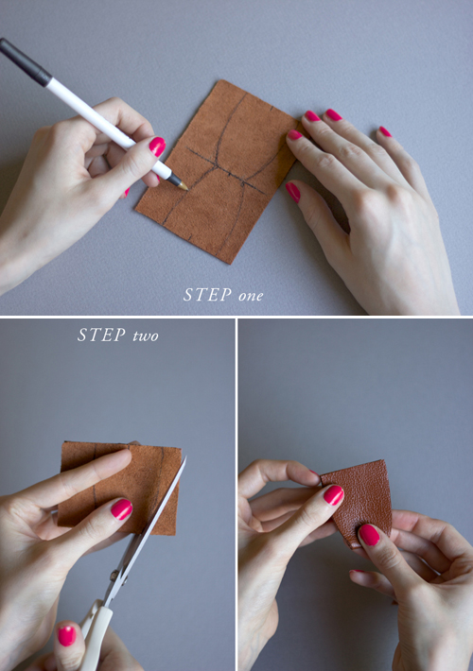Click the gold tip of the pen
coord(184,186)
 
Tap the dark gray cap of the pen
coord(25,61)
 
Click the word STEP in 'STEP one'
coord(207,295)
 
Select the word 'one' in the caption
coord(251,296)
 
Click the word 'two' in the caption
coord(146,336)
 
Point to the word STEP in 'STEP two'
coord(101,335)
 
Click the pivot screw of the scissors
coord(114,576)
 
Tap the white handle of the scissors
coord(96,633)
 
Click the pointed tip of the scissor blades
coord(185,457)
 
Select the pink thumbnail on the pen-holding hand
coord(157,146)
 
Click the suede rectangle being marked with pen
coord(217,171)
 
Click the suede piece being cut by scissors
coord(120,488)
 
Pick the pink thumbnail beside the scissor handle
coord(67,636)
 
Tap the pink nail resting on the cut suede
coord(122,509)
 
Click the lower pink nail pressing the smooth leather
coord(369,535)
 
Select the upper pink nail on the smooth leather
coord(333,495)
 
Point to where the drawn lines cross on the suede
coord(218,166)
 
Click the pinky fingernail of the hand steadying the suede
coord(385,131)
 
